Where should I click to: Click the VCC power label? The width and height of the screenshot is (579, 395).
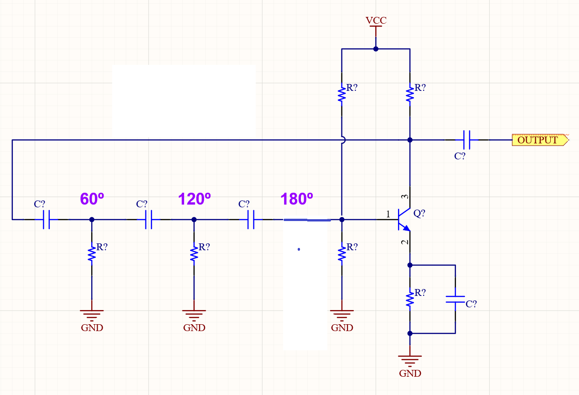(376, 21)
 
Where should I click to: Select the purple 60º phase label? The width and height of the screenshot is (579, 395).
(92, 200)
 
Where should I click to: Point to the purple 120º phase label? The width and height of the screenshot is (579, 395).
(194, 200)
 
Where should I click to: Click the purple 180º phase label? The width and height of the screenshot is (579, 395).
(297, 200)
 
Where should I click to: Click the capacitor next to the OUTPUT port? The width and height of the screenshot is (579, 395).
(466, 140)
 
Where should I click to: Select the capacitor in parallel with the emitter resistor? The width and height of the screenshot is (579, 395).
(455, 299)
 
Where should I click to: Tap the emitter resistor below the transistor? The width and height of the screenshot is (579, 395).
(410, 299)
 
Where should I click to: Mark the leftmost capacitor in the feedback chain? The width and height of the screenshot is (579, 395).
(46, 220)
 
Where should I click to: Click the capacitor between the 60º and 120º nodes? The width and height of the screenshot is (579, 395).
(149, 220)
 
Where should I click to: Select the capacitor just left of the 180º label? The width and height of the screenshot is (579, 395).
(251, 220)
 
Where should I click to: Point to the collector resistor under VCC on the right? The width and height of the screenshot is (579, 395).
(410, 94)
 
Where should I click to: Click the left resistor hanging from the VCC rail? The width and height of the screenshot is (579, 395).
(341, 94)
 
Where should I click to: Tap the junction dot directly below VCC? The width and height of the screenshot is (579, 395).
(376, 49)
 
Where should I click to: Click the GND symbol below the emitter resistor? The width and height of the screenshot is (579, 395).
(410, 361)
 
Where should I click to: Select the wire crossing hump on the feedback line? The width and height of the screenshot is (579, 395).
(342, 140)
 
